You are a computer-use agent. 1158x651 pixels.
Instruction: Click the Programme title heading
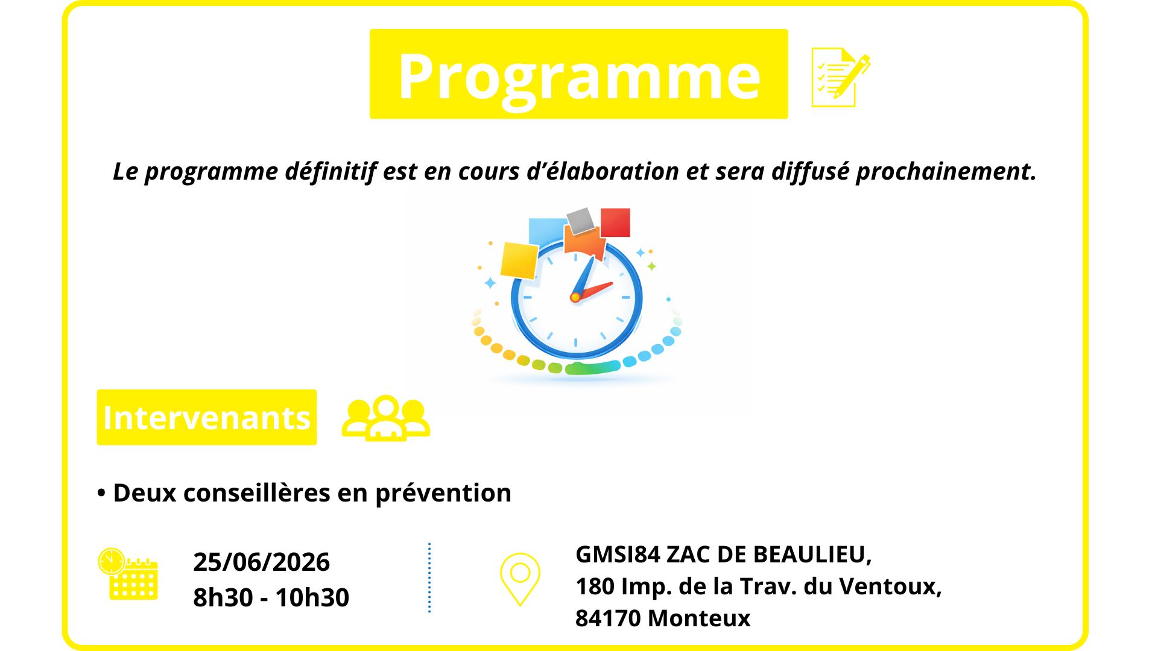579,75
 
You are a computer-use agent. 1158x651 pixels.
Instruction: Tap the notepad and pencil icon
841,77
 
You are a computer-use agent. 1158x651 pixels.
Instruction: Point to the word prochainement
946,172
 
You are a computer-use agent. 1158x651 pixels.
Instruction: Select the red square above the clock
615,222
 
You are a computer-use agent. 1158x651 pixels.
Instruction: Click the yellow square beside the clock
519,261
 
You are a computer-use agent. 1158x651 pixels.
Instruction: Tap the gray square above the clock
581,221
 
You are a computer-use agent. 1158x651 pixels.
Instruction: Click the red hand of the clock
593,291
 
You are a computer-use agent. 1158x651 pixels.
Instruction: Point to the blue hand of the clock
583,277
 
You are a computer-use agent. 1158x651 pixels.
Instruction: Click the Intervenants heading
206,417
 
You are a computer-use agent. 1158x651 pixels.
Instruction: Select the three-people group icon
386,418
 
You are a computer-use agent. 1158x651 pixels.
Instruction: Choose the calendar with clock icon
128,574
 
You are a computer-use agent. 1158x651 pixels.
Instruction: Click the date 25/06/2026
261,562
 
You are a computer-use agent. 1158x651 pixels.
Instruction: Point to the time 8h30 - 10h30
271,597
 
